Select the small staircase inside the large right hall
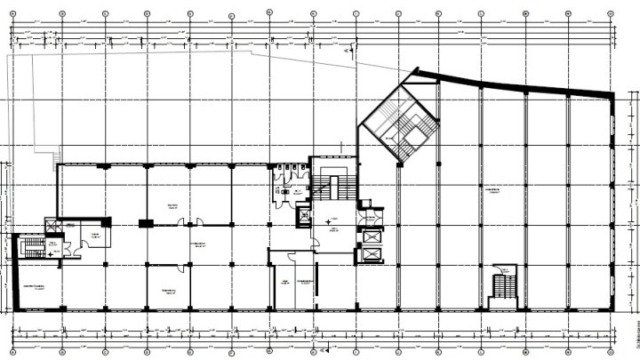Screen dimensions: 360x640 click(x=503, y=286)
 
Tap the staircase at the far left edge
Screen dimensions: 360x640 click(x=34, y=245)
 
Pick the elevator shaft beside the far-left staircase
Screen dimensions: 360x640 click(x=53, y=227)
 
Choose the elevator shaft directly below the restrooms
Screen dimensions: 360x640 click(x=305, y=216)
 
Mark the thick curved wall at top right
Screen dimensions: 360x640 click(x=524, y=85)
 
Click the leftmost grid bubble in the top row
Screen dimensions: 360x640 click(x=19, y=14)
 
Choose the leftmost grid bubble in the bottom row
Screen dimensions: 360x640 click(x=19, y=349)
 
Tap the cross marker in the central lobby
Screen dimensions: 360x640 click(x=329, y=219)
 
